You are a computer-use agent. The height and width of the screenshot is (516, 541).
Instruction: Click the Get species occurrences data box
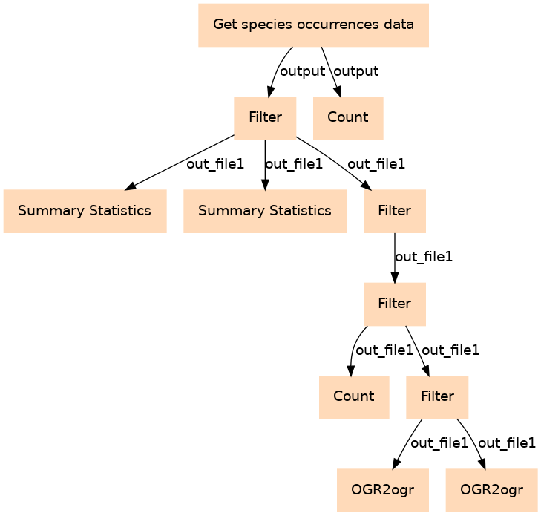[x=313, y=25]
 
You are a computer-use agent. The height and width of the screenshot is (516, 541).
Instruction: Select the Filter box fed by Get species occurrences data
[x=265, y=117]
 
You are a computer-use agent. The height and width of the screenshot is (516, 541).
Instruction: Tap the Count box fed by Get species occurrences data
[x=347, y=117]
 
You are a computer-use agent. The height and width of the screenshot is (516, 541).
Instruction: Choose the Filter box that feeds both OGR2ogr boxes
[x=437, y=396]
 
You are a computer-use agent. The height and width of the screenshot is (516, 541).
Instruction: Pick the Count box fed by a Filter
[x=353, y=396]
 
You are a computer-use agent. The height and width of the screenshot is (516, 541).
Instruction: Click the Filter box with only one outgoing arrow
[x=394, y=211]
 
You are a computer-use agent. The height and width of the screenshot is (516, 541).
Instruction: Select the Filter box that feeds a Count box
[x=394, y=304]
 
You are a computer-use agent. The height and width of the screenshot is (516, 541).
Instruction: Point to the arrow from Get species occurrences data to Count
[x=330, y=71]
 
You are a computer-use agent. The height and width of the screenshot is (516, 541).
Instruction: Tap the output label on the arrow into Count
[x=357, y=71]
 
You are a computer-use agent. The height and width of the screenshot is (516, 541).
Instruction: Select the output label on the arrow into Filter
[x=303, y=71]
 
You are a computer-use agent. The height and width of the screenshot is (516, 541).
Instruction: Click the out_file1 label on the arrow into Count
[x=384, y=350]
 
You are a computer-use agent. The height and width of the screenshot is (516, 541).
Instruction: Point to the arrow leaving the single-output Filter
[x=394, y=257]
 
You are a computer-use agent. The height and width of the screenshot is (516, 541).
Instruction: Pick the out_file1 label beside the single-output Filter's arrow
[x=423, y=257]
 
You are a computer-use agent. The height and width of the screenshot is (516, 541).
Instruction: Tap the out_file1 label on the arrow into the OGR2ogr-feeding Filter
[x=450, y=350]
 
